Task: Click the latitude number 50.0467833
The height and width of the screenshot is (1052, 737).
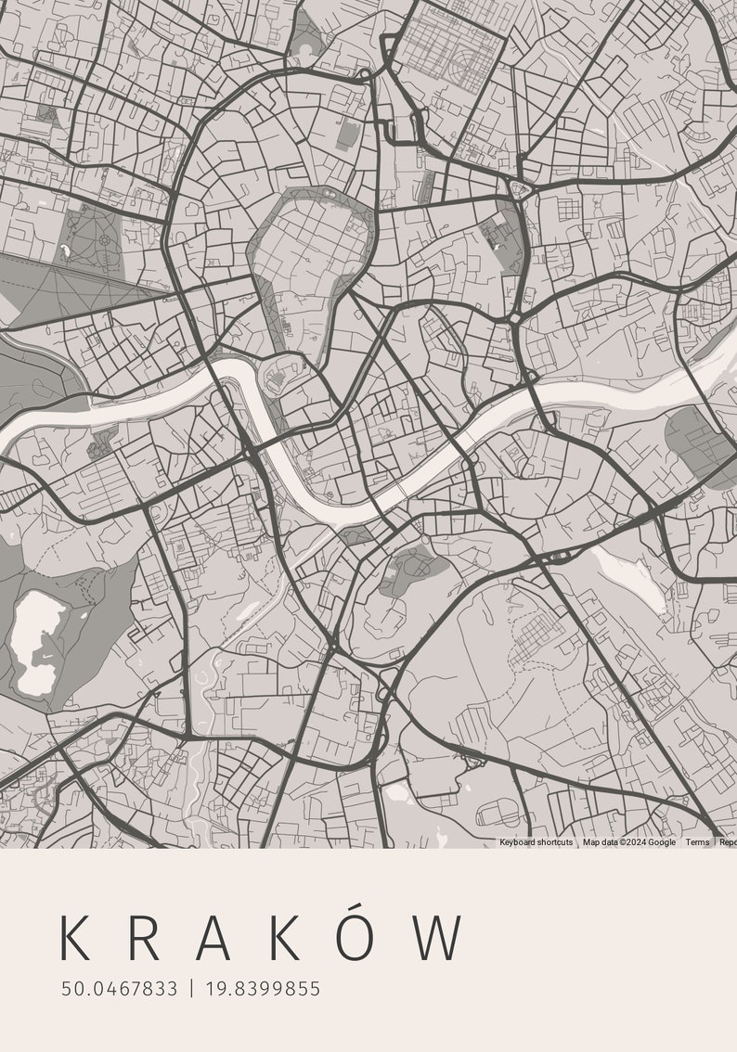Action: coord(119,989)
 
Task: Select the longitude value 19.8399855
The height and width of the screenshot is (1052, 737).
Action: coord(263,989)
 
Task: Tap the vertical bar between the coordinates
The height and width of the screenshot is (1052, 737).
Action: coord(191,989)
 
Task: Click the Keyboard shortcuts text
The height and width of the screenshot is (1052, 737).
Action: coord(536,842)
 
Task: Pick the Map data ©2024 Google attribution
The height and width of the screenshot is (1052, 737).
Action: coord(628,842)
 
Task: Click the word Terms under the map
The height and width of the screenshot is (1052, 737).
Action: coord(697,842)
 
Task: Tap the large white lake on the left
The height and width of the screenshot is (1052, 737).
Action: coord(37,640)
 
